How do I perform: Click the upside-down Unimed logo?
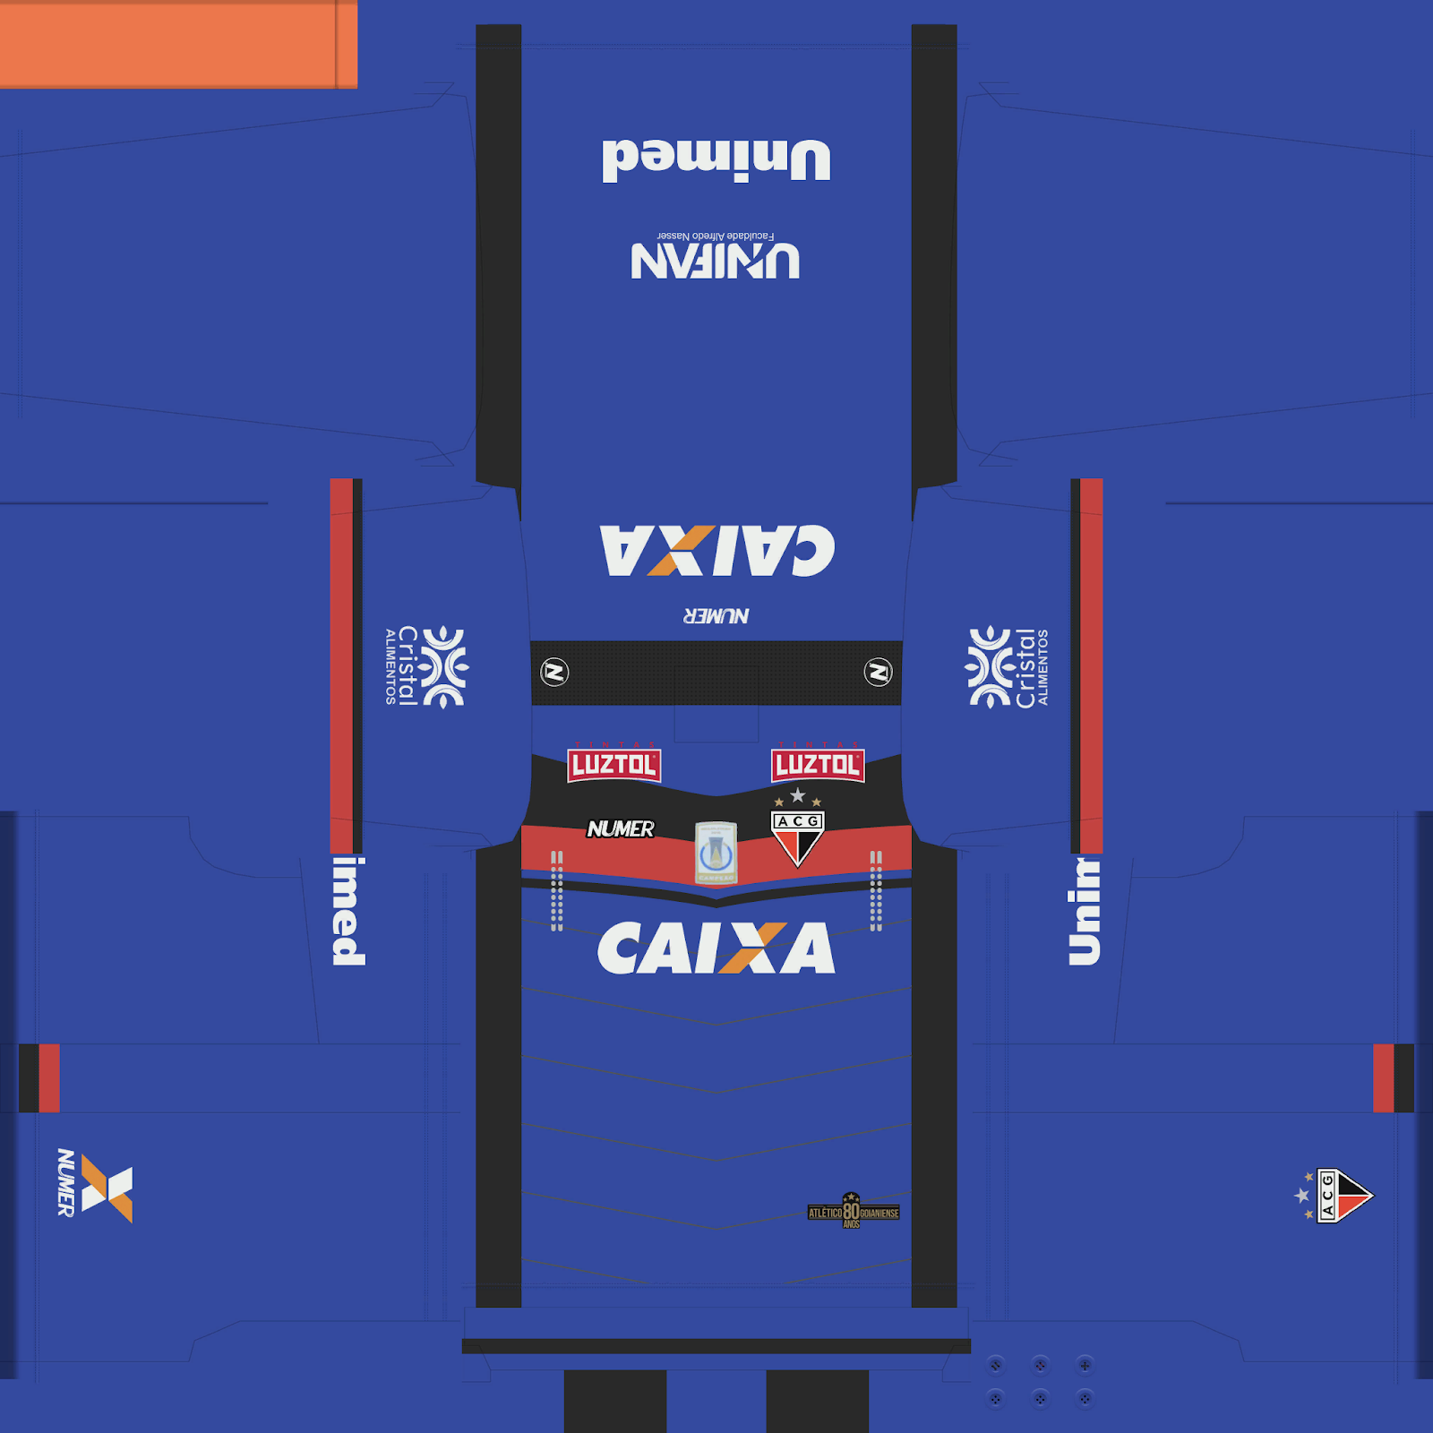coord(716,160)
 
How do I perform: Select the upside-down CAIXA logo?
coord(716,550)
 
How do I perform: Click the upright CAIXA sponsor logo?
coord(716,948)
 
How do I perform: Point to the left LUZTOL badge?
coord(614,765)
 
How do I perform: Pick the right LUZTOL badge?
coord(818,765)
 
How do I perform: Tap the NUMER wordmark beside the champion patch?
coord(621,829)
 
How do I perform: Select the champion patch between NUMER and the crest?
coord(716,853)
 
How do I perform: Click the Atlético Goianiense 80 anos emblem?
coord(853,1212)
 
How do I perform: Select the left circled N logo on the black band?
coord(554,672)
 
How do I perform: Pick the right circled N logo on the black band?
coord(878,672)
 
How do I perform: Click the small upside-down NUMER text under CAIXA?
coord(716,616)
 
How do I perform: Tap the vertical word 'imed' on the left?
coord(348,911)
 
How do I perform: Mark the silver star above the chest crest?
coord(797,795)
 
